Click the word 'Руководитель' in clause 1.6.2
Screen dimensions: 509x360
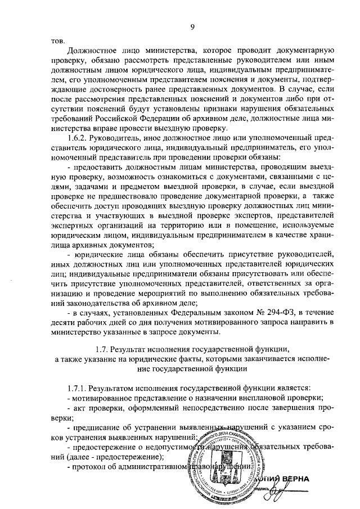(x=119, y=137)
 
